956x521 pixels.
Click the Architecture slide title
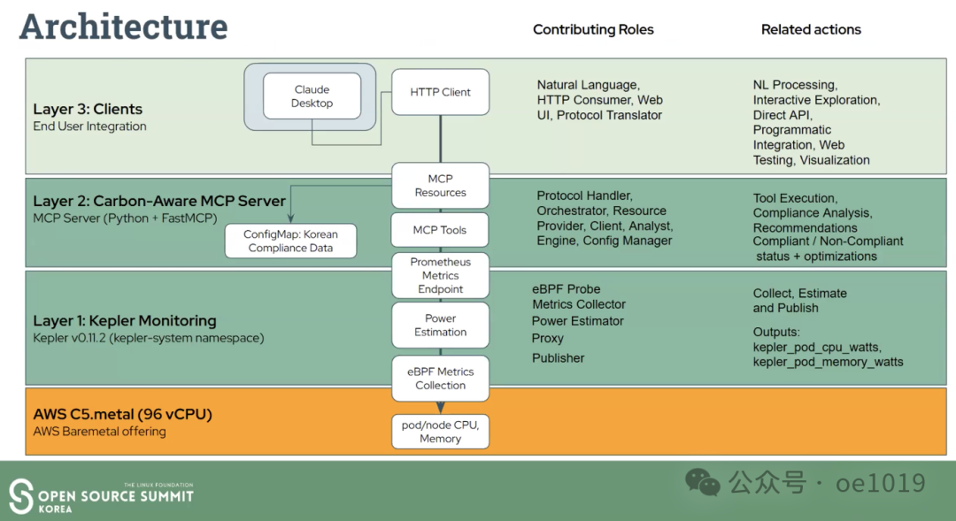(123, 27)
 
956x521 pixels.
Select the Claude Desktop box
(312, 96)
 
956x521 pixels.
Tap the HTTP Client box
(440, 92)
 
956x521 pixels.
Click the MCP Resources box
(440, 186)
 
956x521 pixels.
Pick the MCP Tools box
(440, 230)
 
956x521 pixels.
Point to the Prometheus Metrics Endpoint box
(440, 275)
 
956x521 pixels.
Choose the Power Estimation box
(440, 325)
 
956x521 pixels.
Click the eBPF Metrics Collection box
(440, 379)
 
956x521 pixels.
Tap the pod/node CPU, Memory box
(440, 432)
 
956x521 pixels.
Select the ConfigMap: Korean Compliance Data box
(290, 241)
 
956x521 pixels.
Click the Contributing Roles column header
(593, 29)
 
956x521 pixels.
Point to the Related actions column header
(811, 29)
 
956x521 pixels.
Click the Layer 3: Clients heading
(88, 110)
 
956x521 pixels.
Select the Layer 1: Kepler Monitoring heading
(125, 320)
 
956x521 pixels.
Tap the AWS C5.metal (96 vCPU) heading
(122, 414)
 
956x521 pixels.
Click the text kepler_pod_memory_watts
(829, 362)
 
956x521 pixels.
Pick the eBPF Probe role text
(566, 288)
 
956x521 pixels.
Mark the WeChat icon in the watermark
(703, 482)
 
